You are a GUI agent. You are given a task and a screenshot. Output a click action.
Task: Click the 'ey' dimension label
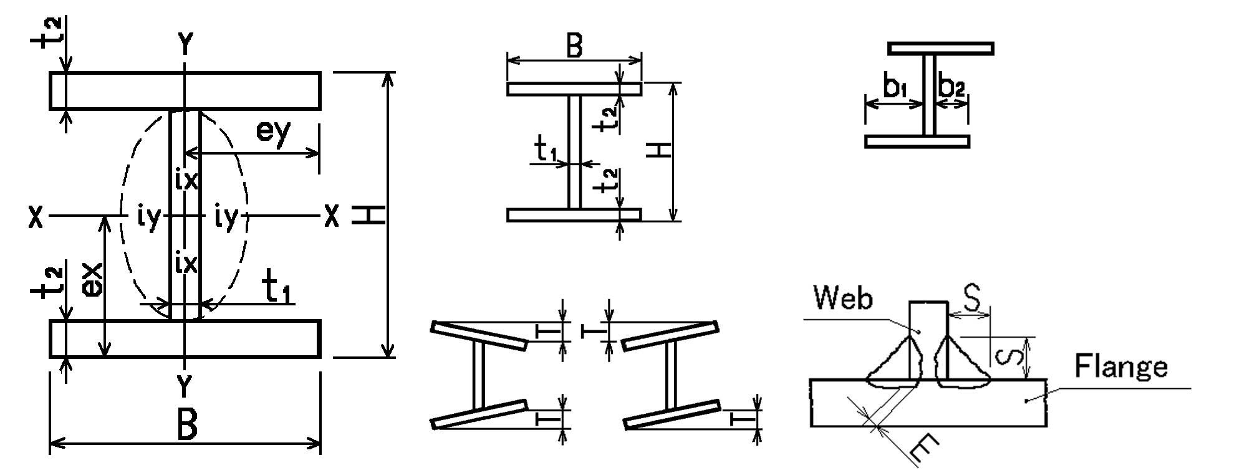pyautogui.click(x=273, y=132)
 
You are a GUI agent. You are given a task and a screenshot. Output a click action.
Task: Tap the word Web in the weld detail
pyautogui.click(x=844, y=300)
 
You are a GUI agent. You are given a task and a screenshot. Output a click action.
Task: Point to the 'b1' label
pyautogui.click(x=894, y=89)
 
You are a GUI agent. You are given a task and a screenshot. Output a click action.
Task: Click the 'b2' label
pyautogui.click(x=952, y=89)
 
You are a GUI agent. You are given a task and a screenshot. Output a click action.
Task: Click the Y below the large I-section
pyautogui.click(x=185, y=387)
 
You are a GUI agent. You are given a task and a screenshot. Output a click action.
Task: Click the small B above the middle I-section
pyautogui.click(x=574, y=46)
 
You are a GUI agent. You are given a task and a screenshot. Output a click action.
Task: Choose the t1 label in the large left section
pyautogui.click(x=277, y=289)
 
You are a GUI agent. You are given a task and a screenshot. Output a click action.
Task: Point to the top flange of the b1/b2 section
pyautogui.click(x=940, y=49)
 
